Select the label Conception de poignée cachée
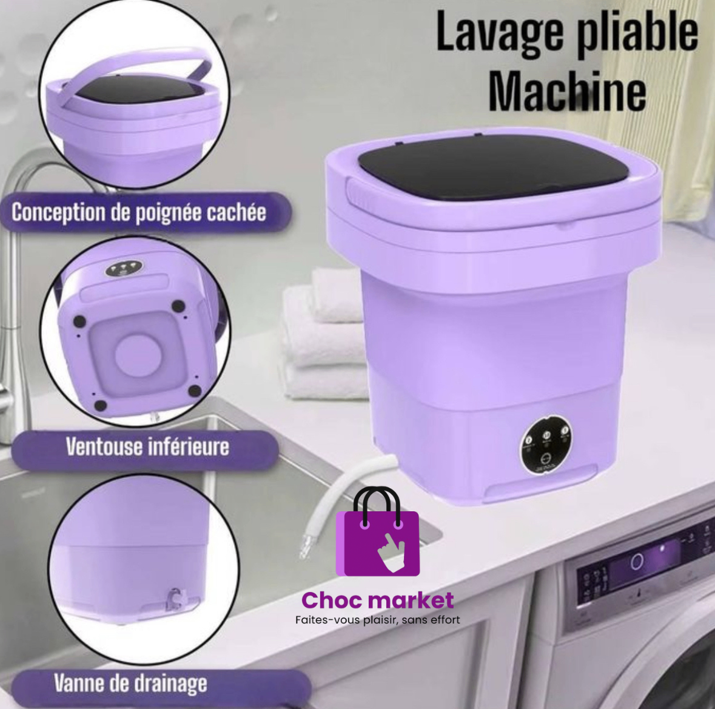(x=138, y=212)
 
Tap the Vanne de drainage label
(x=130, y=683)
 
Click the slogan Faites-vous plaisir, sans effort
(x=377, y=620)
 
